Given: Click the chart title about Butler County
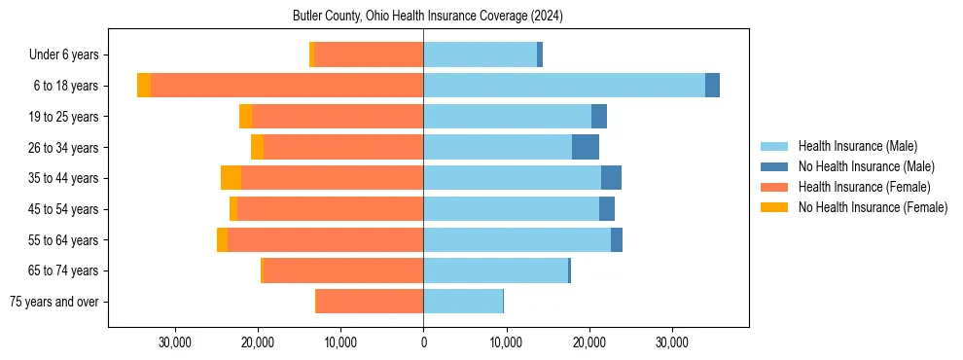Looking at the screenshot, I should (x=427, y=17).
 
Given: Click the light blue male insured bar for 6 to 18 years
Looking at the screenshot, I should (x=564, y=86).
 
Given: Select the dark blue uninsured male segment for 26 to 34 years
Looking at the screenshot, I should (x=586, y=147).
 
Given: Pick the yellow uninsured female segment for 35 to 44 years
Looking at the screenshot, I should (x=231, y=178).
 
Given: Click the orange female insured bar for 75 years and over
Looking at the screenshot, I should (x=370, y=302).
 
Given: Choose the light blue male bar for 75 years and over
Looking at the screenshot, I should (x=463, y=302).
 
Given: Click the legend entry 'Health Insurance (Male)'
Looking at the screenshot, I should (x=858, y=147).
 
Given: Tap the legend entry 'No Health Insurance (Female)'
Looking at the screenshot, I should (x=872, y=207).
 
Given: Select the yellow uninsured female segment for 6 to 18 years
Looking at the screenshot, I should (x=144, y=86).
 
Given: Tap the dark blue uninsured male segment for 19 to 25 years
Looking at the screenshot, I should (x=599, y=117).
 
